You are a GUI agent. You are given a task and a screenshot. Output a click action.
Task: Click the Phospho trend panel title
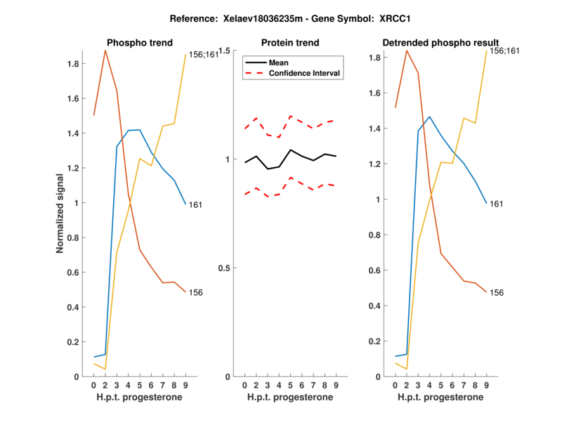[139, 43]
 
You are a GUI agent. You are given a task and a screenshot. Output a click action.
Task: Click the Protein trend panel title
[290, 43]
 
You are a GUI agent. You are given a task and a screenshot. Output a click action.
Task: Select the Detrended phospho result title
[440, 43]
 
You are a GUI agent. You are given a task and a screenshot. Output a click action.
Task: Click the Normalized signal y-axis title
[61, 213]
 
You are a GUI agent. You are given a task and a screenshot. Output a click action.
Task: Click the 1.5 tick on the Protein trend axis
[225, 51]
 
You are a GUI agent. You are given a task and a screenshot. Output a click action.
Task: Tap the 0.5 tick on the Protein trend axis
[225, 268]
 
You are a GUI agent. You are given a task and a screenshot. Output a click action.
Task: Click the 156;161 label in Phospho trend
[204, 54]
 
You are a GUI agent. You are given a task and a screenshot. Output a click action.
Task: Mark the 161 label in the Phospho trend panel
[196, 205]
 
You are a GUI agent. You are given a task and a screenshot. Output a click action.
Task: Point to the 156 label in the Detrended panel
[497, 292]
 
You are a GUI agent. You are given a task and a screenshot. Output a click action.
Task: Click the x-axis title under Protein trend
[290, 397]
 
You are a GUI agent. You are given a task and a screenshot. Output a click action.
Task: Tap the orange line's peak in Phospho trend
[105, 51]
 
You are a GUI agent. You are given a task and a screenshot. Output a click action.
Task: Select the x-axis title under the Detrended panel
[440, 397]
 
